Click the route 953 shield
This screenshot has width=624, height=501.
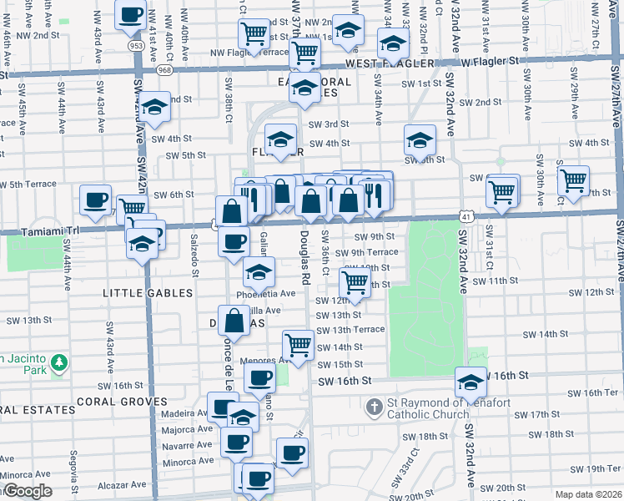click(135, 44)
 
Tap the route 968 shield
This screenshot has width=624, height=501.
click(164, 71)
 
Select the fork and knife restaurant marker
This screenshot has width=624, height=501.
click(374, 195)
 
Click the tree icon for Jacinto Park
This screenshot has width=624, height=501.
click(58, 362)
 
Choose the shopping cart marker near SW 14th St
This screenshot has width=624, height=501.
click(298, 343)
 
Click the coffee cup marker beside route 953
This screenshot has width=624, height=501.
click(132, 15)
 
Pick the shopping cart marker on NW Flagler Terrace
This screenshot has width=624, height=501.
click(254, 33)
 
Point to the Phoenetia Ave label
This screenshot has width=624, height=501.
click(265, 294)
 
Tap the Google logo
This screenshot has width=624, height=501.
click(27, 491)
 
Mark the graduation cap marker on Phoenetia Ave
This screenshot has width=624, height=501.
click(259, 271)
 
